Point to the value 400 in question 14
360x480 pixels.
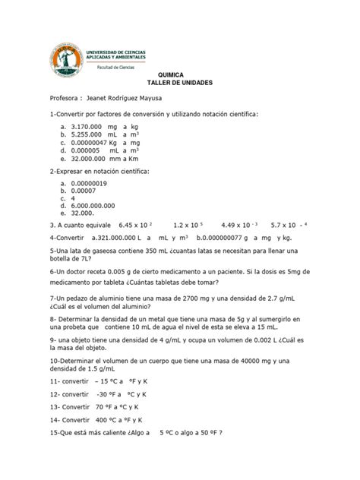(x=98, y=419)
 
